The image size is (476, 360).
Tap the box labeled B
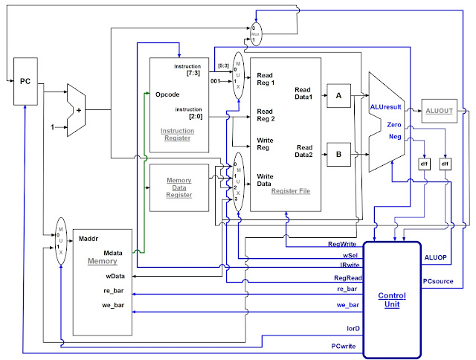(x=338, y=155)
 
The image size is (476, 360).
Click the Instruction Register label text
(x=176, y=135)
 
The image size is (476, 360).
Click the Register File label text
(x=290, y=191)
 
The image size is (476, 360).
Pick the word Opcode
(x=168, y=94)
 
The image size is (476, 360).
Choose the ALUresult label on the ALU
(x=387, y=108)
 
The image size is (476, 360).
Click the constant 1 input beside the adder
(x=53, y=127)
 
